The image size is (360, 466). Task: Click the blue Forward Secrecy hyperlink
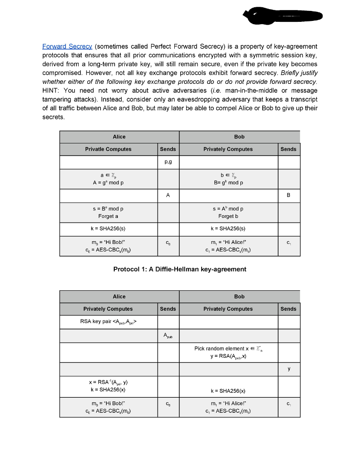tap(67, 46)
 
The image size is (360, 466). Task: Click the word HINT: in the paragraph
tap(52, 91)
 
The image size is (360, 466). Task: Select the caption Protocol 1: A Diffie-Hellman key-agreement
tap(179, 269)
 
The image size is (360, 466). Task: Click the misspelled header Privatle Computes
tap(108, 149)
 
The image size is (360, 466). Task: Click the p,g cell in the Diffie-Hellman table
tap(167, 162)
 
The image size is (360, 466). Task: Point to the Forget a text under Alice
tap(108, 216)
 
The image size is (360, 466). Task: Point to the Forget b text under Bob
tap(228, 216)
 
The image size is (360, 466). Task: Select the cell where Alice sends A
tap(167, 195)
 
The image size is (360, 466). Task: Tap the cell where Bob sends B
tap(289, 195)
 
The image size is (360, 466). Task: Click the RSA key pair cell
tap(108, 322)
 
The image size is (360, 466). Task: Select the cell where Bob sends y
tap(289, 369)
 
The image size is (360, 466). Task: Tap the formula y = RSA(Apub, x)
tap(228, 356)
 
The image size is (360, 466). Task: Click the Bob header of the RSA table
tap(239, 296)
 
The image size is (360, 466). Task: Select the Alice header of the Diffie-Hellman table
tap(119, 137)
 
